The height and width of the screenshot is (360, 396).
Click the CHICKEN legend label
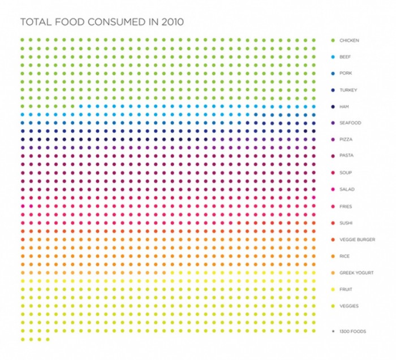(x=349, y=41)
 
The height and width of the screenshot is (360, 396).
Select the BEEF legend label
(x=345, y=57)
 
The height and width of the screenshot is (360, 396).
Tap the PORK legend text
(x=345, y=73)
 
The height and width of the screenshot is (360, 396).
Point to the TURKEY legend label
(x=347, y=90)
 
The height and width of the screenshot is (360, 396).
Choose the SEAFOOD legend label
(x=350, y=123)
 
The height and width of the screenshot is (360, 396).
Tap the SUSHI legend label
(x=346, y=223)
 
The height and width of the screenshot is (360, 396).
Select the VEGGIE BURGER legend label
(x=356, y=240)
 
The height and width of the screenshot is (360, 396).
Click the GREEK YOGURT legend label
(x=356, y=273)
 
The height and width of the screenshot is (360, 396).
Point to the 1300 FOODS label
(x=352, y=331)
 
